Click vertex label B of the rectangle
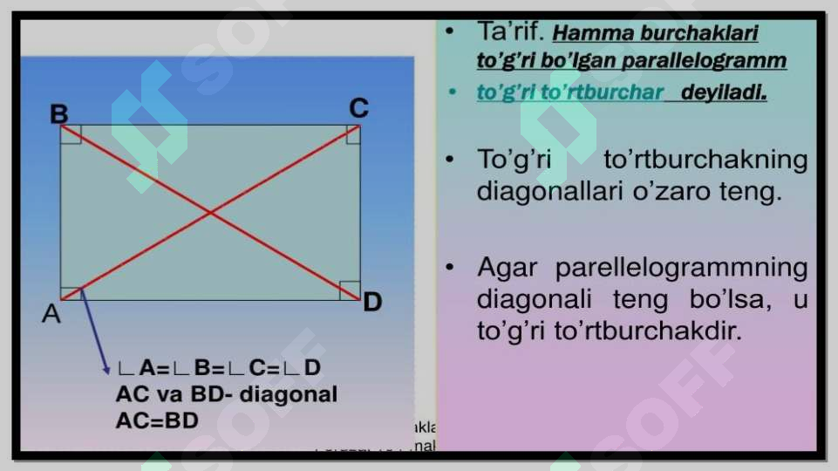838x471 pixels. (x=59, y=114)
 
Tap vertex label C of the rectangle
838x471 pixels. (x=358, y=109)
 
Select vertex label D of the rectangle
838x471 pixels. (x=372, y=303)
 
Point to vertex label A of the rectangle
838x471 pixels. (x=51, y=314)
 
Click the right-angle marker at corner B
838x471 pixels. (x=72, y=133)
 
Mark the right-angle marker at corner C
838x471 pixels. (x=351, y=133)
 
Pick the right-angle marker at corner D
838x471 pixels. (x=350, y=290)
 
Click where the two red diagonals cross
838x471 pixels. (x=210, y=212)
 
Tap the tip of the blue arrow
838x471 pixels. (x=106, y=373)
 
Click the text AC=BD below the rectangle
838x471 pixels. (x=157, y=420)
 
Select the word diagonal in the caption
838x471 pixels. (x=288, y=394)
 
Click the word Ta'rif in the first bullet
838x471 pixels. (x=510, y=32)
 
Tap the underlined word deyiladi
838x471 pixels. (x=724, y=92)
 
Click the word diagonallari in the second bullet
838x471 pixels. (x=548, y=191)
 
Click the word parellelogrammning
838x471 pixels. (x=681, y=267)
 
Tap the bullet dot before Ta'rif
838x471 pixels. (x=449, y=32)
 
